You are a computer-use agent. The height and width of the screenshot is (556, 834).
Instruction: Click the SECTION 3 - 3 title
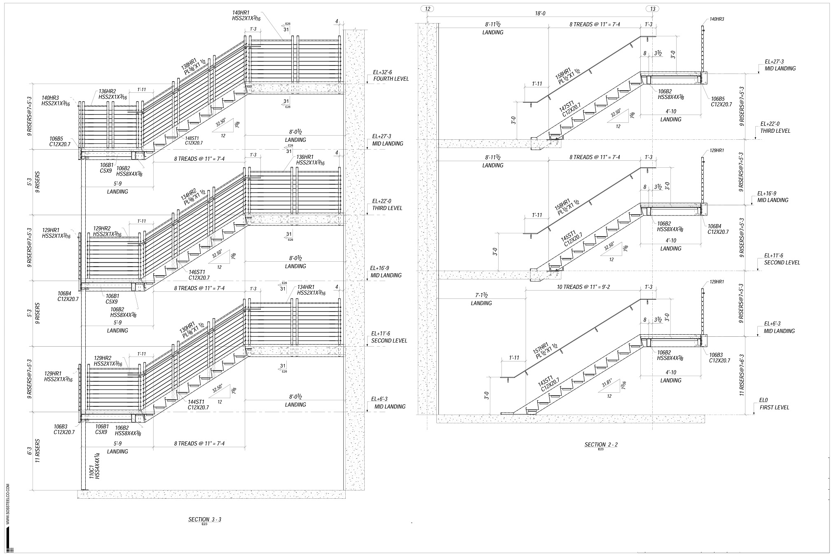205,519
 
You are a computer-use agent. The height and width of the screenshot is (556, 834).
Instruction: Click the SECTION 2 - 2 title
601,444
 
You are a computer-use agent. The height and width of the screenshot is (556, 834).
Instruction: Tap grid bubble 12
427,9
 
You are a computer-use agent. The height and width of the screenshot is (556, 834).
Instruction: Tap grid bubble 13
652,9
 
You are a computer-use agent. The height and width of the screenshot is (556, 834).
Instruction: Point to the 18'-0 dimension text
540,14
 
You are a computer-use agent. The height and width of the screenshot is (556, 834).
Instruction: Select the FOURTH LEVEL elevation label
391,78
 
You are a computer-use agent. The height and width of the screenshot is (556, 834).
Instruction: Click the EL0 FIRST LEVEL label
774,404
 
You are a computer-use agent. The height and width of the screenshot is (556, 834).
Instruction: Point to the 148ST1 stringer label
194,140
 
